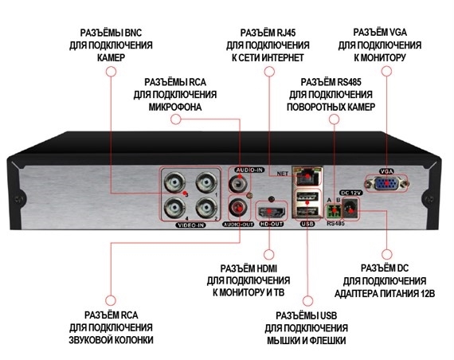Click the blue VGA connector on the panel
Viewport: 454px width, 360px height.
(386, 184)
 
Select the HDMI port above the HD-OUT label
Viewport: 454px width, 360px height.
(272, 211)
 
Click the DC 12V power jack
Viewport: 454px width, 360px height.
(350, 208)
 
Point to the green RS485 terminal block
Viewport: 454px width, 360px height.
(334, 211)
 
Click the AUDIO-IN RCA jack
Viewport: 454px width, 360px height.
(238, 183)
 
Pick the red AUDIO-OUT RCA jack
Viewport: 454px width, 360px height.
(238, 207)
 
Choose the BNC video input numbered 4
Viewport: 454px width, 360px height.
(174, 208)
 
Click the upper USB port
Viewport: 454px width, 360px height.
(307, 198)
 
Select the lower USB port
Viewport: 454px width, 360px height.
(307, 212)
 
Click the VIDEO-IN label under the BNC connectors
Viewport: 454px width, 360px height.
(191, 225)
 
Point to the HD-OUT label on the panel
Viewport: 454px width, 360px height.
(271, 224)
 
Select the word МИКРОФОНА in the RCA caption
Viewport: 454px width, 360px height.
(175, 108)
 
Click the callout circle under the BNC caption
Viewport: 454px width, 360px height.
(111, 72)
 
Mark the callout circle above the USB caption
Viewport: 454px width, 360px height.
(307, 301)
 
